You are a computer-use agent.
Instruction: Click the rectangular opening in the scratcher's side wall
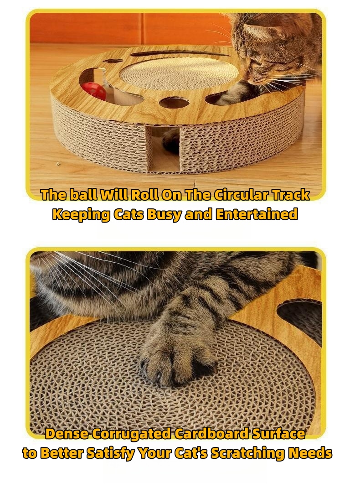click(x=165, y=149)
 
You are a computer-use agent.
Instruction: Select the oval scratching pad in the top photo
click(x=179, y=75)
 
